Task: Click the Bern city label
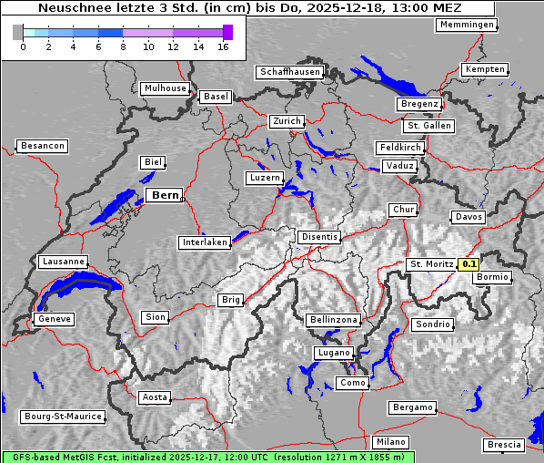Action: point(164,195)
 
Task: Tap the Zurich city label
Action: point(286,121)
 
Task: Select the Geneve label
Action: point(53,320)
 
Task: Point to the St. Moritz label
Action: point(431,264)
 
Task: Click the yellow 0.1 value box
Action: point(469,264)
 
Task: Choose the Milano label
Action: point(391,442)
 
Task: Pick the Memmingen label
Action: point(467,25)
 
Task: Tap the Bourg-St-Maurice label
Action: point(62,417)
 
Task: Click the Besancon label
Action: point(42,146)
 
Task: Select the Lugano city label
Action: point(333,353)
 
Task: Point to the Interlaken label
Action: point(204,242)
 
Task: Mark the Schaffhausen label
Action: point(289,71)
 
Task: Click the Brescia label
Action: point(504,445)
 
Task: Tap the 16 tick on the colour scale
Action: point(224,46)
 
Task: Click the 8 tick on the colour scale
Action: point(123,46)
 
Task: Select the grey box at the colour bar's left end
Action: point(18,32)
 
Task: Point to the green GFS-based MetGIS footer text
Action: point(207,457)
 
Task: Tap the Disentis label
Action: point(319,237)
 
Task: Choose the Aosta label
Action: point(154,397)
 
